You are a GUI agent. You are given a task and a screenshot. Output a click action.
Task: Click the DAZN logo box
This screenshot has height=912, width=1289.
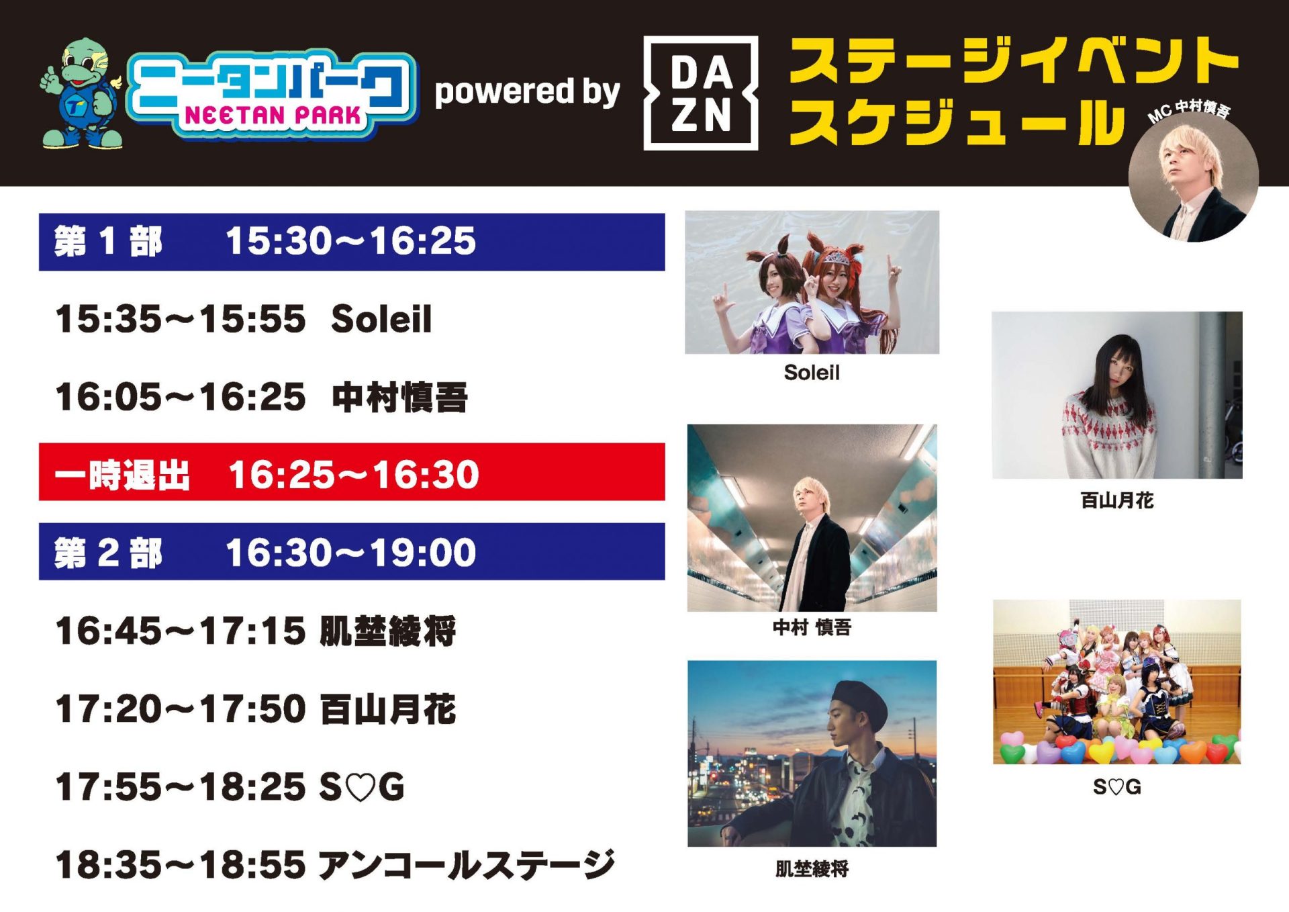(700, 93)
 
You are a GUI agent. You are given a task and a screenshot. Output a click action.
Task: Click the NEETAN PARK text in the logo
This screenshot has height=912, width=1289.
(273, 116)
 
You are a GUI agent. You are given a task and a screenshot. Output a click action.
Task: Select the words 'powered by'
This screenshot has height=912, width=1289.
(527, 92)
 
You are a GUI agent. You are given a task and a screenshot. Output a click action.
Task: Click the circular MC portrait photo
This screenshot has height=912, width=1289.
(1193, 177)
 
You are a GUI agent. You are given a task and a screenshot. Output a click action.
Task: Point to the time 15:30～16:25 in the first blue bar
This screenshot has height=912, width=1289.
(350, 241)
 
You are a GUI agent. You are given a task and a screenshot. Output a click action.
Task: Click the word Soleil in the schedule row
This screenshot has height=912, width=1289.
(381, 319)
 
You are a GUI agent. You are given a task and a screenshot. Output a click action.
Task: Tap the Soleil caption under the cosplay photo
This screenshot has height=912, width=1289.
(812, 373)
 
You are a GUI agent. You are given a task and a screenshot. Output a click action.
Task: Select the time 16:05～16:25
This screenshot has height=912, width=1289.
(180, 397)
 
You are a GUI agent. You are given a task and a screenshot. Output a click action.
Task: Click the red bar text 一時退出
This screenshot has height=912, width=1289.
(122, 475)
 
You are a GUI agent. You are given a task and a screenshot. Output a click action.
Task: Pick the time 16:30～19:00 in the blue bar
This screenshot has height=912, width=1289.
(350, 553)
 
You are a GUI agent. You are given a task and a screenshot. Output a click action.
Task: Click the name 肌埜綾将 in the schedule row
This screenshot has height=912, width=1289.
(387, 631)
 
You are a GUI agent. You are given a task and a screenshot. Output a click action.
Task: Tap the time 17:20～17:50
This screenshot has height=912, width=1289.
(180, 709)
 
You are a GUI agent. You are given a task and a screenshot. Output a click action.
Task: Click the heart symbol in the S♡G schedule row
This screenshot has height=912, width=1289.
(362, 788)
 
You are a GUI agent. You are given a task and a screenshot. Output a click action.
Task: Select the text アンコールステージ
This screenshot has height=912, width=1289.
(467, 865)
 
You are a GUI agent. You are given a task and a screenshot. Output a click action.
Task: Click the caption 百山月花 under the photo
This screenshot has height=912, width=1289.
(1117, 500)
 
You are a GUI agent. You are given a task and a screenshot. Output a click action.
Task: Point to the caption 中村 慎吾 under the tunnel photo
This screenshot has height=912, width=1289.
(812, 627)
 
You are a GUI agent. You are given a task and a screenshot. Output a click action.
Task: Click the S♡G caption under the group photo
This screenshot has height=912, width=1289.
(1117, 786)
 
